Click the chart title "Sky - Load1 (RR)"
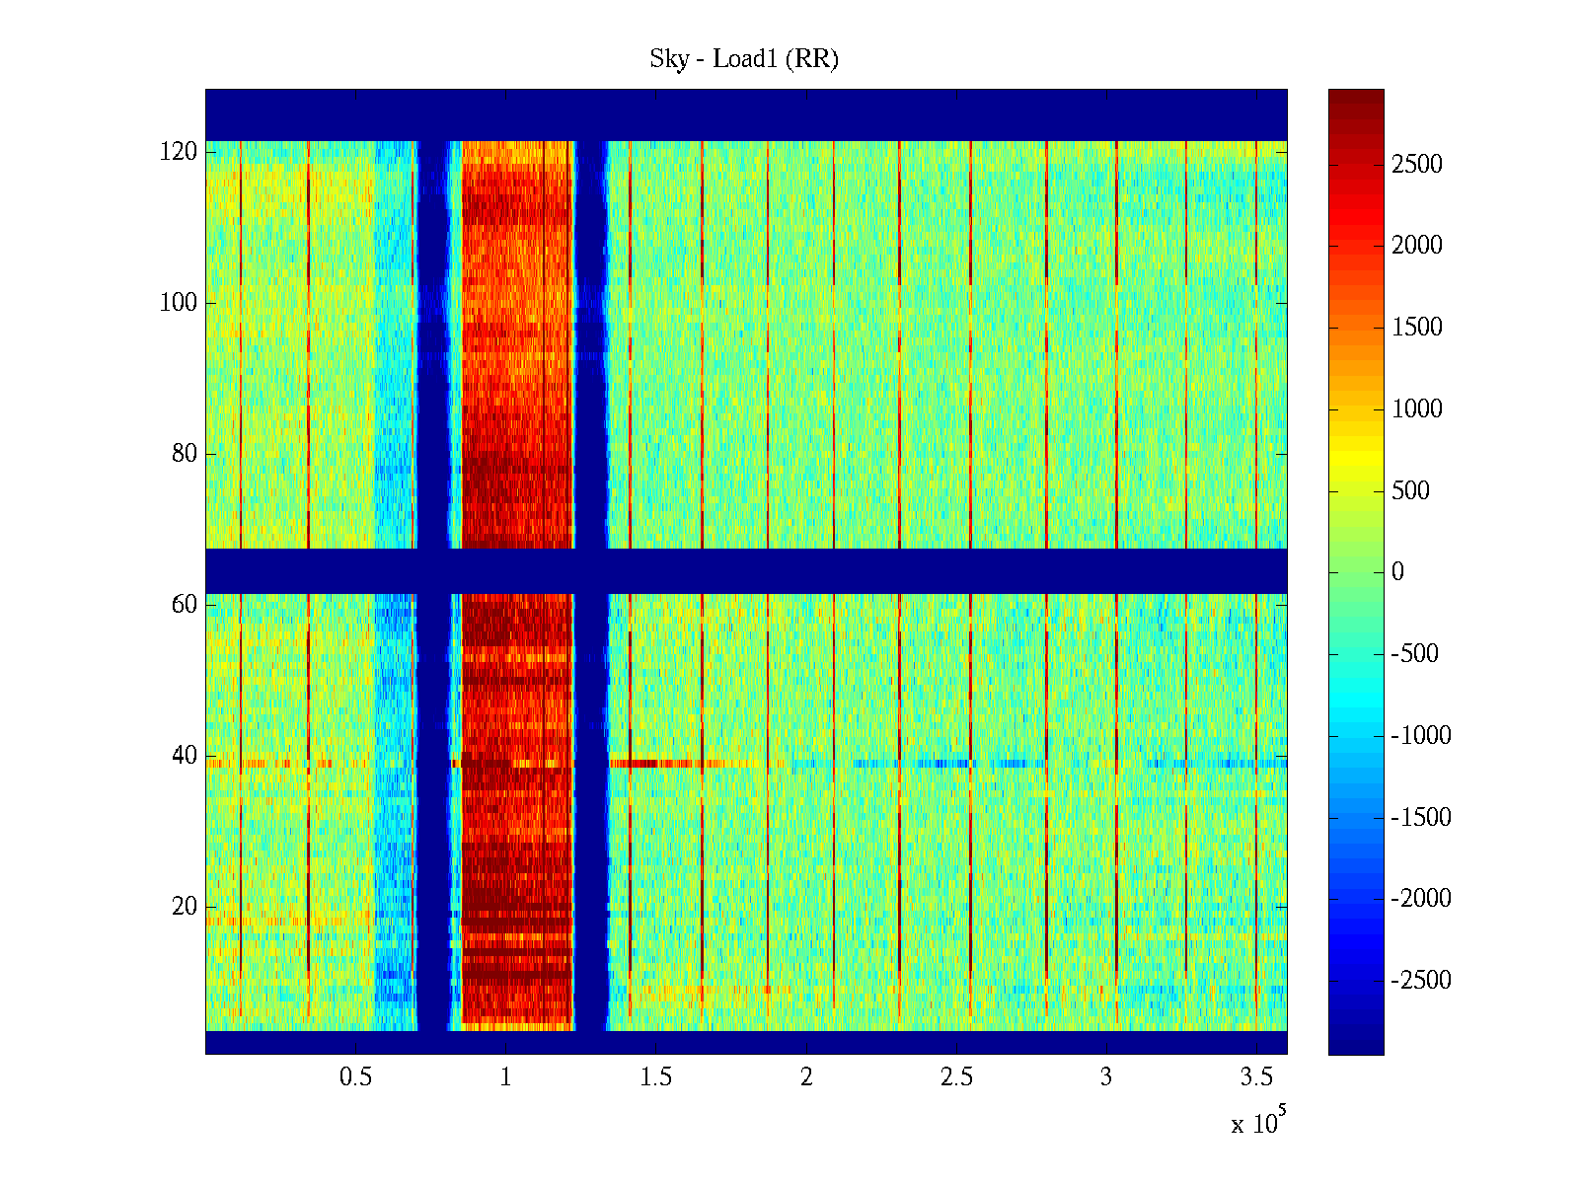click(x=744, y=59)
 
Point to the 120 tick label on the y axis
click(x=179, y=152)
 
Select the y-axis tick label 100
click(x=179, y=303)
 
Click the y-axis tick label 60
click(x=185, y=605)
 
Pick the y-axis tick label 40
click(x=185, y=756)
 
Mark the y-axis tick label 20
click(x=185, y=907)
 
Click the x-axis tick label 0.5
click(x=355, y=1077)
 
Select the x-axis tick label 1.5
click(x=655, y=1077)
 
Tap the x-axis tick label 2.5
click(x=956, y=1077)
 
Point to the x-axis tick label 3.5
click(x=1256, y=1077)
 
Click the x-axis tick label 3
click(x=1106, y=1077)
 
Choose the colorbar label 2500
click(x=1417, y=165)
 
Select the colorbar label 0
click(x=1397, y=572)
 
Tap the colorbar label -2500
click(x=1421, y=981)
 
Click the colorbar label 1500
click(x=1417, y=328)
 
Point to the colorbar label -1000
click(x=1421, y=736)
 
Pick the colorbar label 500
click(x=1411, y=491)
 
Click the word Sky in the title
click(x=668, y=59)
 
